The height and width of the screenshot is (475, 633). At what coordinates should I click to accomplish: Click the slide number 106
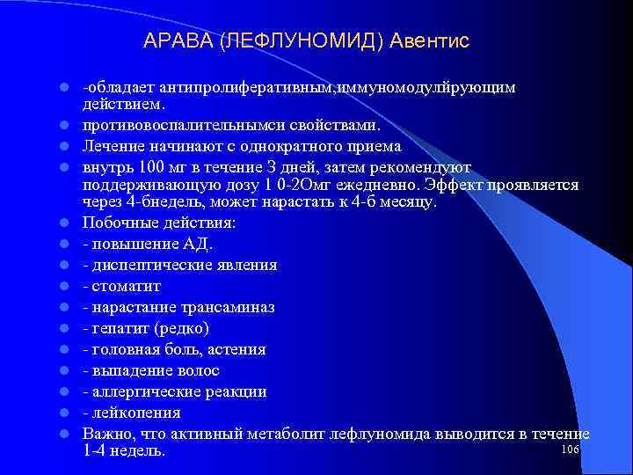click(x=569, y=449)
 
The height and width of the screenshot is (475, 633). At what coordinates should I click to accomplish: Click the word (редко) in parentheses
click(x=181, y=328)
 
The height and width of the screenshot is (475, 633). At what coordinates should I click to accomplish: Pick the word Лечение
click(x=113, y=146)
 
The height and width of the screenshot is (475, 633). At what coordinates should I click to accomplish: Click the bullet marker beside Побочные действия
click(x=65, y=223)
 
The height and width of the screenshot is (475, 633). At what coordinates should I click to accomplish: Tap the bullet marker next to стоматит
click(x=65, y=287)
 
